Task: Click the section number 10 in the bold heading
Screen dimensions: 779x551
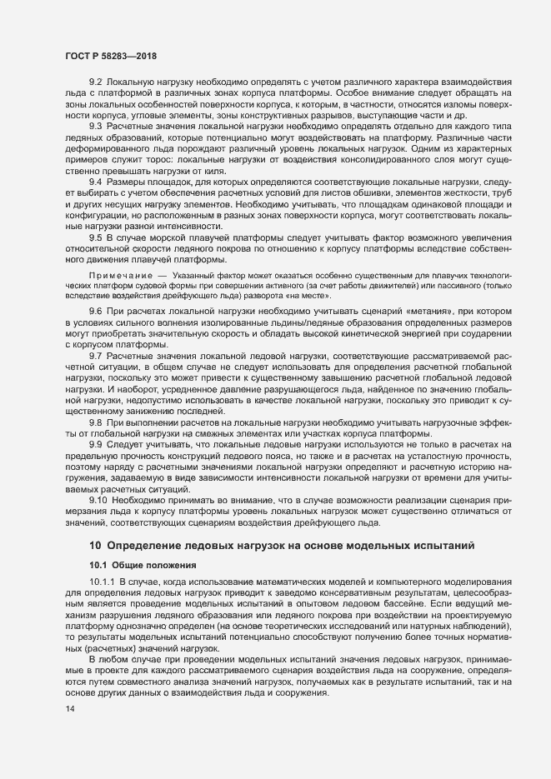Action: [x=94, y=545]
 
